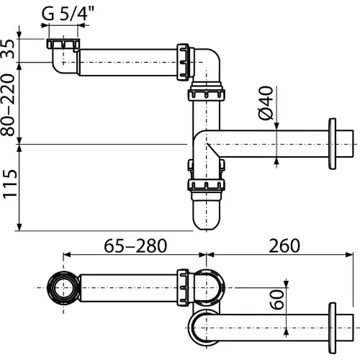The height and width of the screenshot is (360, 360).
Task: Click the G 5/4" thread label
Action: point(68,14)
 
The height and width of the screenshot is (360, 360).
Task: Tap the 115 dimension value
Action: point(9,184)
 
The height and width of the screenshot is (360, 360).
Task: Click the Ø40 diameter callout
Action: point(266,103)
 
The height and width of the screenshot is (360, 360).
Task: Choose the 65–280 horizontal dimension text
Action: point(135,246)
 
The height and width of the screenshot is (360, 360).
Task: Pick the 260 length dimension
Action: point(284,246)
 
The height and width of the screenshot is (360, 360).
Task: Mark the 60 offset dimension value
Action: point(276,300)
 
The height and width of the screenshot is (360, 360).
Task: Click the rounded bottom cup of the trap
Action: point(207,211)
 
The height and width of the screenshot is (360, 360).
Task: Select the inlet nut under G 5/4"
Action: point(63,43)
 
